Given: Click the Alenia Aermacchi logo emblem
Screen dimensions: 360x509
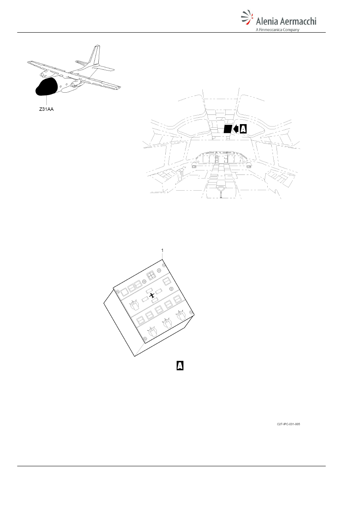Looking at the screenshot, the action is click(x=247, y=17).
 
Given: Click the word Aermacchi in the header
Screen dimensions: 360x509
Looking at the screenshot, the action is click(x=298, y=21).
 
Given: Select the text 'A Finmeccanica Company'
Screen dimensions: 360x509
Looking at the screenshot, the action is click(x=277, y=30).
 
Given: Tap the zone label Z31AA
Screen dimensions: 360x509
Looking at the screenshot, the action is click(x=46, y=109).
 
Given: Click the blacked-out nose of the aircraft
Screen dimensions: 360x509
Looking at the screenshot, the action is click(x=46, y=86).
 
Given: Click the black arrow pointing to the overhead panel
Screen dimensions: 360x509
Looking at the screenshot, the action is click(x=236, y=129).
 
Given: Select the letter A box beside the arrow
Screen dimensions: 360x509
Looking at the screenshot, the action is click(x=243, y=129).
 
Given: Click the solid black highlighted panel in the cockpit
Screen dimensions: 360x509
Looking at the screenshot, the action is click(x=228, y=129).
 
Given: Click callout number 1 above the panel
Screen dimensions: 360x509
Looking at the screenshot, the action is click(x=162, y=250).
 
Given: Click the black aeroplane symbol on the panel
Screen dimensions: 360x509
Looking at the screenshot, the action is click(x=152, y=296).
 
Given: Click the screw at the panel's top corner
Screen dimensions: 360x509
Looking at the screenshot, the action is click(x=164, y=265).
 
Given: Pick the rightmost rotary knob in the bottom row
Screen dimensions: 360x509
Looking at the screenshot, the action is click(x=181, y=316).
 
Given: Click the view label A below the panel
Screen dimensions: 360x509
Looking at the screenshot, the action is click(x=180, y=366).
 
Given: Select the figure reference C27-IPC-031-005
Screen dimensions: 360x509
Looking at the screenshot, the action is click(x=288, y=424).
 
